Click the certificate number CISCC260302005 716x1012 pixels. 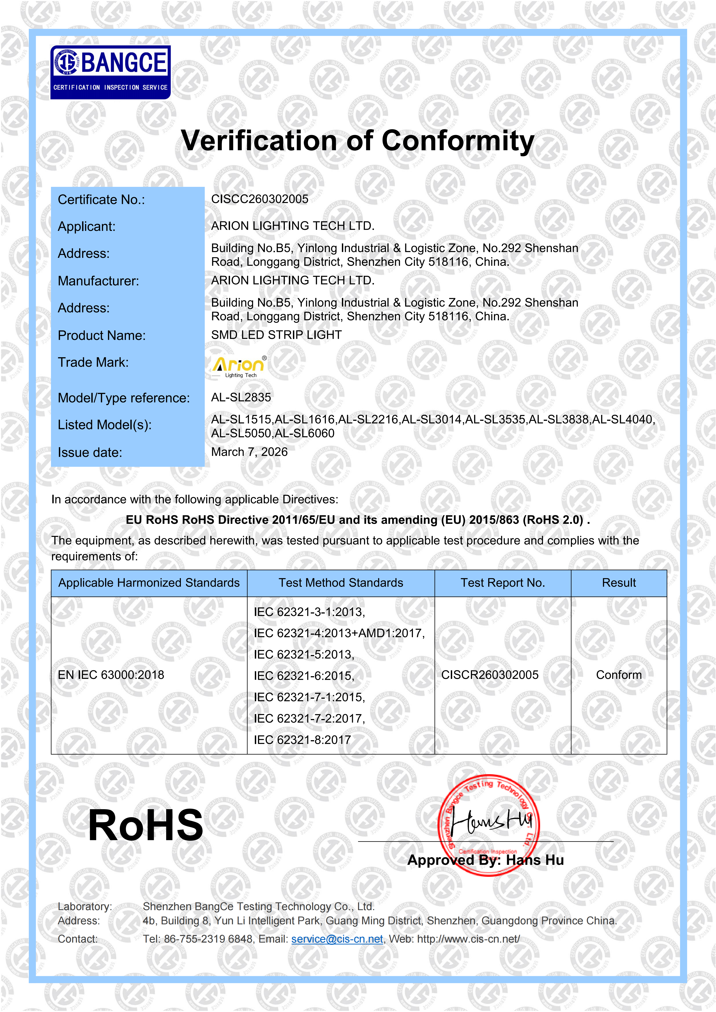coord(260,199)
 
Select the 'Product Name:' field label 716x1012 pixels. coord(101,335)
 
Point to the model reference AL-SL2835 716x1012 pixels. coord(241,398)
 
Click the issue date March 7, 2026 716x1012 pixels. coord(249,452)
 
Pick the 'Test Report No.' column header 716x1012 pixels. coord(503,583)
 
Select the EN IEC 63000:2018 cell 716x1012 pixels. coord(111,675)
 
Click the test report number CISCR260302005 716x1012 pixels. coord(490,675)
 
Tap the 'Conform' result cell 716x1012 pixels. coord(619,675)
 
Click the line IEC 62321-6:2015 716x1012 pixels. coord(304,676)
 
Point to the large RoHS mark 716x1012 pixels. coord(145,826)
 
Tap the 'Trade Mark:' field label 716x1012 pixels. coord(93,362)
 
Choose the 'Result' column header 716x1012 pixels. coord(619,583)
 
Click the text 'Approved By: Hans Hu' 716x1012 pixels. coord(486,860)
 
